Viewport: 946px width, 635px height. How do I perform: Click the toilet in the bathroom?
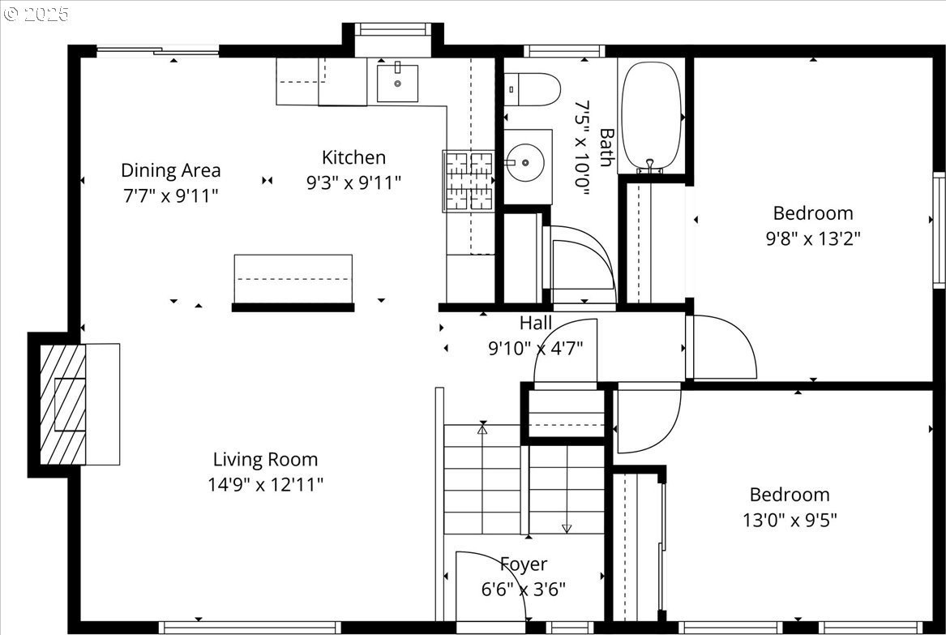(x=532, y=89)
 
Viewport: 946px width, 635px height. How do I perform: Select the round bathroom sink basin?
(x=525, y=162)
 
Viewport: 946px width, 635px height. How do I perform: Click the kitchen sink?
(x=397, y=83)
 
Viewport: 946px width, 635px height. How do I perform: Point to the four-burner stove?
(x=469, y=181)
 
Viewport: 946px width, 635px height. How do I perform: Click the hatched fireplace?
(x=62, y=404)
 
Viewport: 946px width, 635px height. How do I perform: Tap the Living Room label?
(x=265, y=459)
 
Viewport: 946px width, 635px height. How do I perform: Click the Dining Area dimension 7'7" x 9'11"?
(x=171, y=195)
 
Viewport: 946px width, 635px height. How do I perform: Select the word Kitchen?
(x=353, y=157)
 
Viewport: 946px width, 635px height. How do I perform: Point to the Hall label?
(x=536, y=323)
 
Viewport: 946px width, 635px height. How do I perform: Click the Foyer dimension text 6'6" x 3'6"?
(x=524, y=589)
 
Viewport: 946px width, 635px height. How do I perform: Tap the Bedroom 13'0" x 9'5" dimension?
(x=790, y=520)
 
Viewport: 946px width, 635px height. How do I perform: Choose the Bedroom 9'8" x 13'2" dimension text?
(x=813, y=238)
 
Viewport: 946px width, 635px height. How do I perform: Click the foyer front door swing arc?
(x=506, y=570)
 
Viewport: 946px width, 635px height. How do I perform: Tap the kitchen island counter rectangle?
(x=293, y=279)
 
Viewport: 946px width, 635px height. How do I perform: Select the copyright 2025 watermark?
(x=36, y=13)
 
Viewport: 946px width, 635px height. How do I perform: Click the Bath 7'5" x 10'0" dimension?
(x=581, y=148)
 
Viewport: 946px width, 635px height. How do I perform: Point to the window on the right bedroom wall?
(x=939, y=230)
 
